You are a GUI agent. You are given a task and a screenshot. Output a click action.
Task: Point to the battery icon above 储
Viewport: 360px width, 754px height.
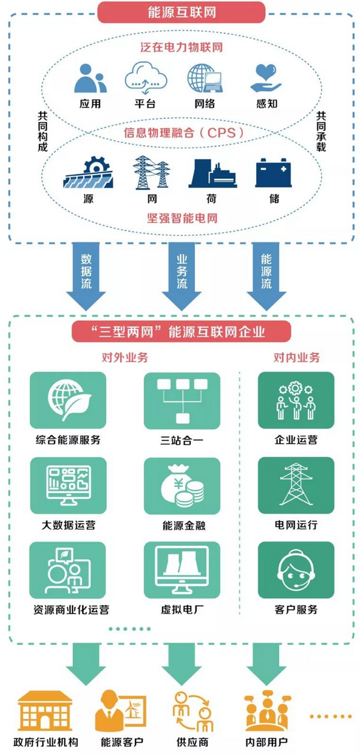274,174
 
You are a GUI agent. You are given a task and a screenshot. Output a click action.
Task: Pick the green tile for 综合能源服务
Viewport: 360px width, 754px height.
67,399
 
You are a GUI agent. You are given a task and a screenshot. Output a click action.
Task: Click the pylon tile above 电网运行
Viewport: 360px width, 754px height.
295,485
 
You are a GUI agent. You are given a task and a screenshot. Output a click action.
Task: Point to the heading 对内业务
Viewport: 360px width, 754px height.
296,358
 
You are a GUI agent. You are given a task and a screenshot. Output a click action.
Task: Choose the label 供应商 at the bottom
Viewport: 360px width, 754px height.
191,742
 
